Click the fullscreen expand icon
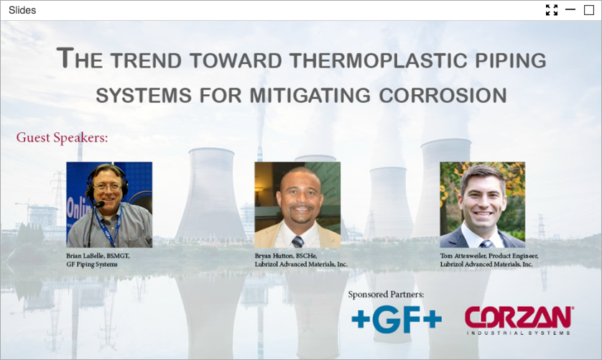(x=552, y=10)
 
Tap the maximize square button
(x=589, y=10)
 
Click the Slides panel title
(x=22, y=10)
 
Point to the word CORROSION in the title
(x=443, y=96)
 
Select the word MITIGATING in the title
(x=310, y=96)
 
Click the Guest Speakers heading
(x=62, y=138)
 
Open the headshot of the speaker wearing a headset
(x=109, y=205)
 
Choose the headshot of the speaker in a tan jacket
(x=297, y=205)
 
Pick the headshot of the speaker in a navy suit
(x=483, y=205)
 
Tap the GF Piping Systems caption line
(x=92, y=264)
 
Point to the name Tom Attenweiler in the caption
(x=463, y=256)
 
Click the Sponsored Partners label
(x=386, y=295)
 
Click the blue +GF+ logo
(x=397, y=319)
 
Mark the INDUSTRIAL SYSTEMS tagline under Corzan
(x=518, y=333)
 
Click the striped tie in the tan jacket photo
(x=297, y=241)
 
